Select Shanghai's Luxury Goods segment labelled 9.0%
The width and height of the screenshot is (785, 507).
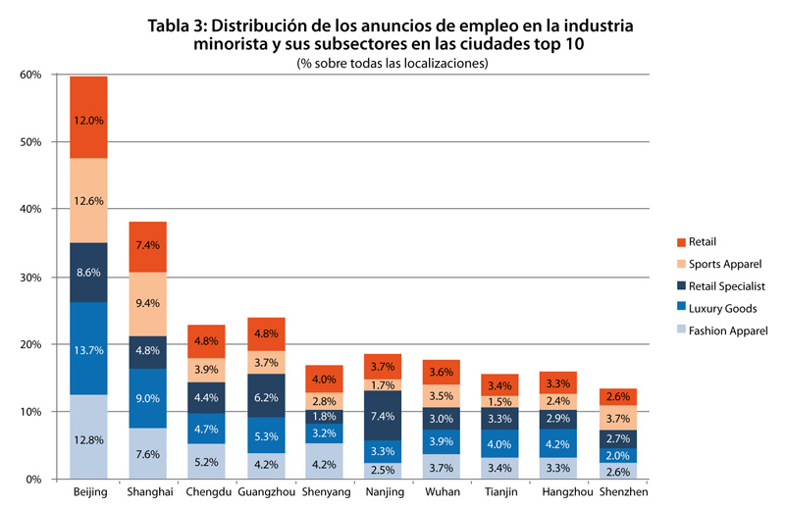[148, 398]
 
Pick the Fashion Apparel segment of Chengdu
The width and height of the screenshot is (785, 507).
[207, 461]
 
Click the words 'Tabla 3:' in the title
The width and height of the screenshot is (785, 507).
[181, 26]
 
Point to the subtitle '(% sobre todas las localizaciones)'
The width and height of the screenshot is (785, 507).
[392, 63]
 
